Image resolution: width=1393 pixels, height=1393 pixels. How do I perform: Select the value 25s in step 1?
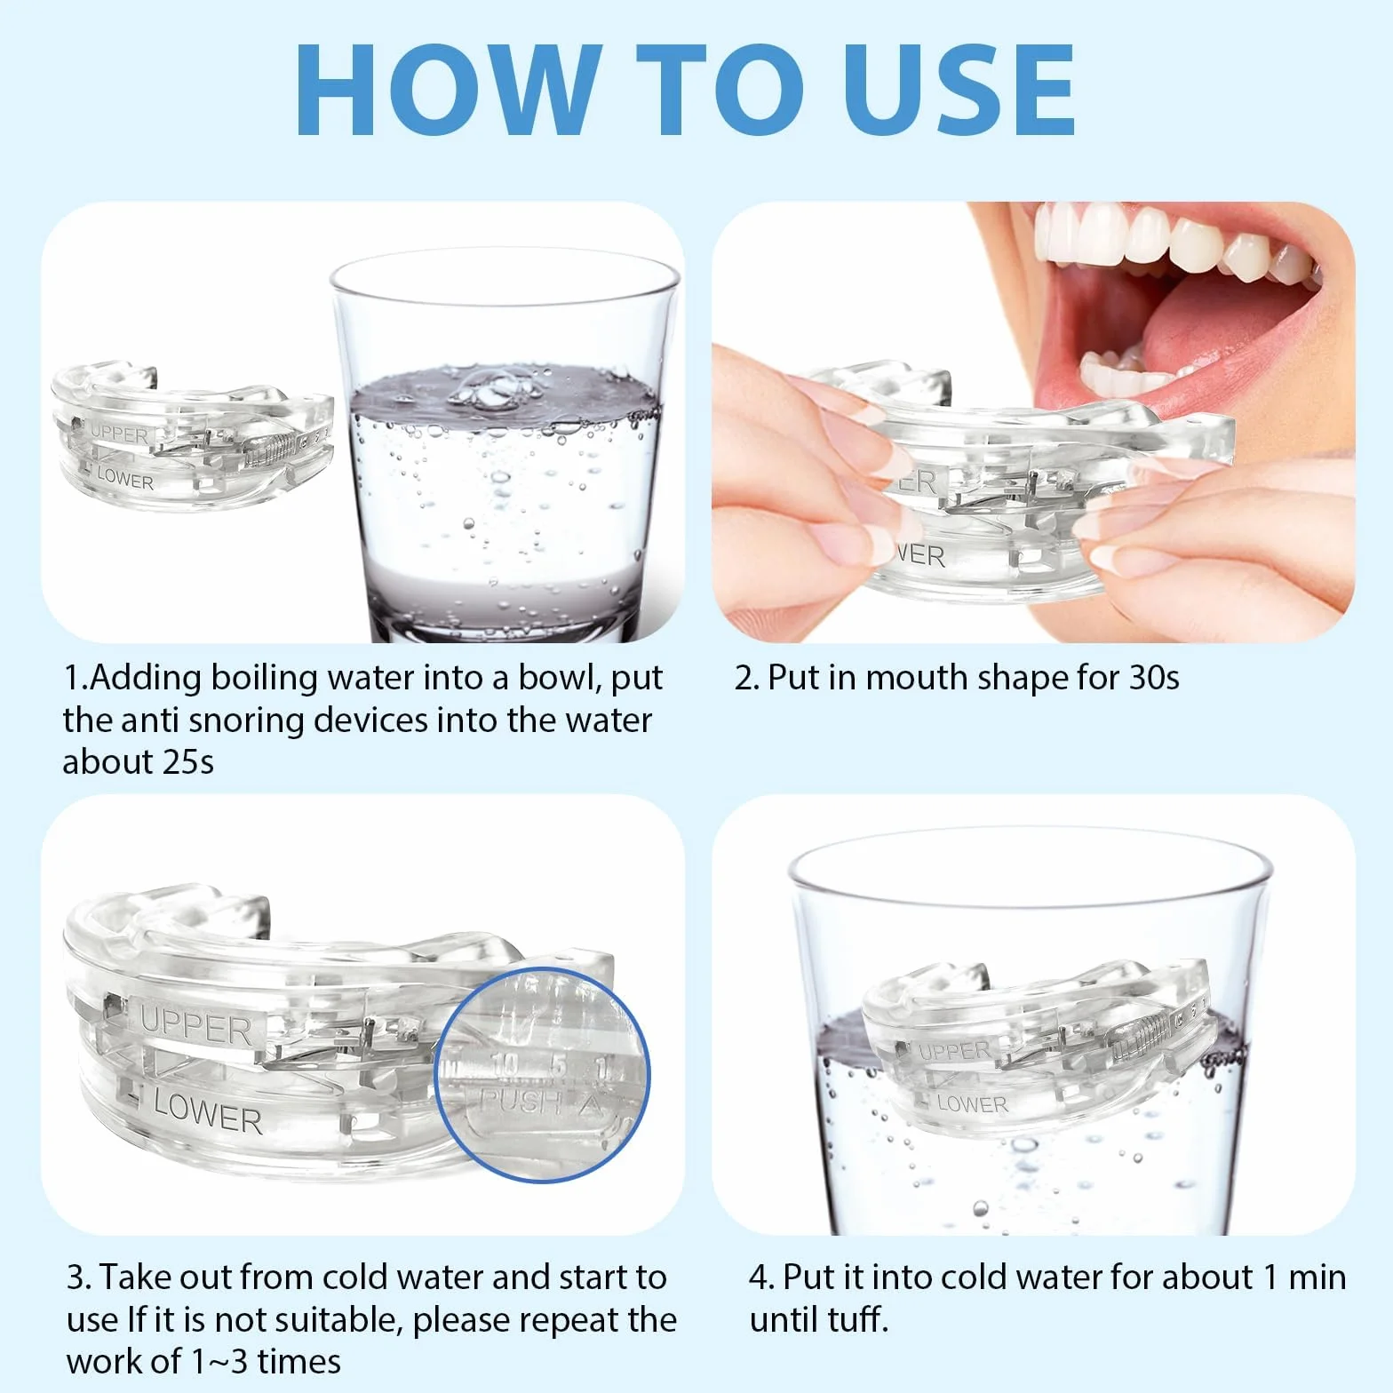click(188, 762)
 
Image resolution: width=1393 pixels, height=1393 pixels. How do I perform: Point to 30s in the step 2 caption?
click(1154, 678)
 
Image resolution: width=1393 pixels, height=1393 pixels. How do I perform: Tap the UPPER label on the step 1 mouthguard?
click(120, 434)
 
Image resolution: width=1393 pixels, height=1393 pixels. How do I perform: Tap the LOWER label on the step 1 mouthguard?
click(125, 479)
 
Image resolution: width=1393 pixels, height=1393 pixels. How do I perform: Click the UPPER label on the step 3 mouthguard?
click(196, 1028)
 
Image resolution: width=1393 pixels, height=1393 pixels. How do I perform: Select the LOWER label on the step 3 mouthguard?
click(208, 1114)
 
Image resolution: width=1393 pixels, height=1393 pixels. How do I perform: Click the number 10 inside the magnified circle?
click(504, 1063)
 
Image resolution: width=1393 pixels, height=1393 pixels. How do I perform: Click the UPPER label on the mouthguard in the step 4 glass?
click(954, 1051)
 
